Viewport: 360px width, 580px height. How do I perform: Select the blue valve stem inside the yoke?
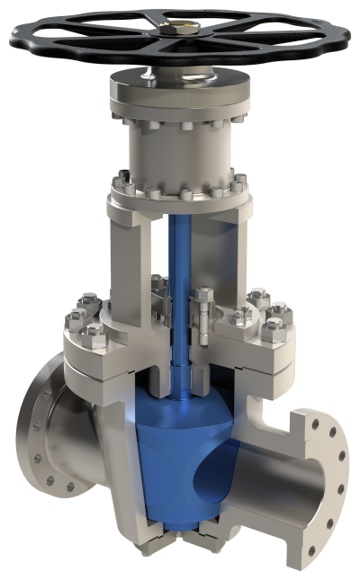point(179,270)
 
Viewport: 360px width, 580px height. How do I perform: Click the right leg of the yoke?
point(236,261)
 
